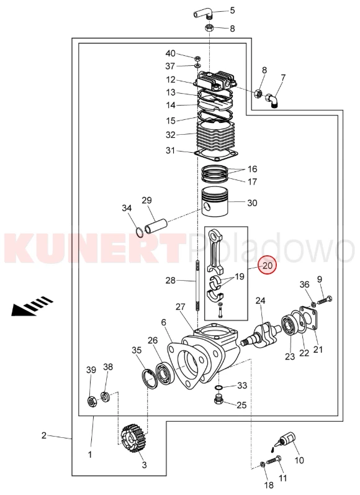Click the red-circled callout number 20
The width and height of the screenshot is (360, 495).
pyautogui.click(x=268, y=265)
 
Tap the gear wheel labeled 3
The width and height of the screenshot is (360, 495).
pyautogui.click(x=135, y=438)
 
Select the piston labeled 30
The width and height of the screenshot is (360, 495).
pyautogui.click(x=215, y=202)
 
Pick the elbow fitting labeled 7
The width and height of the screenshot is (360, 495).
pyautogui.click(x=272, y=101)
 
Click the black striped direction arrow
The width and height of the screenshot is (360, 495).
pyautogui.click(x=32, y=306)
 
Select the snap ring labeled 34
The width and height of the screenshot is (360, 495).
pyautogui.click(x=139, y=232)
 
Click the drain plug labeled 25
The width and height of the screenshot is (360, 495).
pyautogui.click(x=218, y=399)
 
